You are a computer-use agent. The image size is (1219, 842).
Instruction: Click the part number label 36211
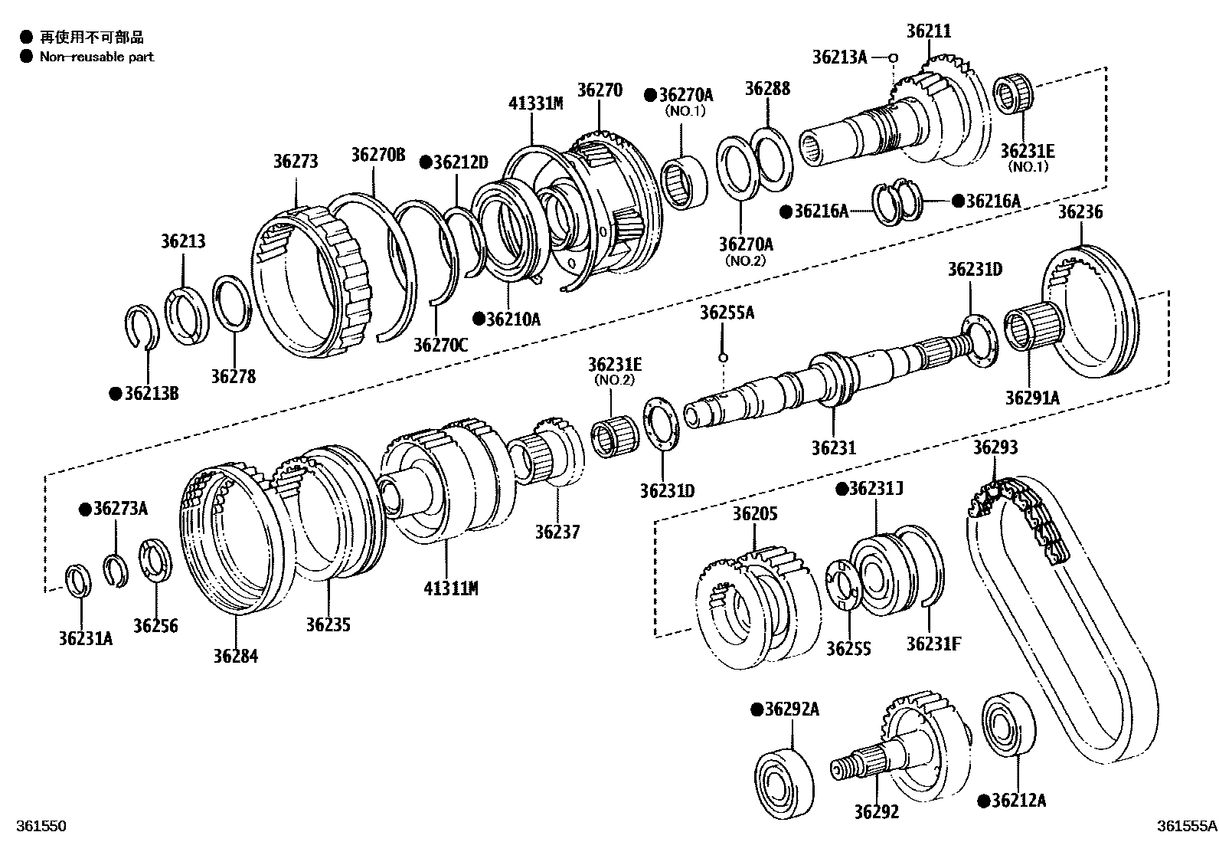pos(928,31)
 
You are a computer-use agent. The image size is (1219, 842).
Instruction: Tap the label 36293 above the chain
pos(995,447)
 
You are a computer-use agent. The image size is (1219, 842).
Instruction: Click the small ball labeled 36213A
pos(893,57)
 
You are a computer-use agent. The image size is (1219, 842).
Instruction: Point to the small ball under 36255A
pos(722,357)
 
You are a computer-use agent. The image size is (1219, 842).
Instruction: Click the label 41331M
pos(535,103)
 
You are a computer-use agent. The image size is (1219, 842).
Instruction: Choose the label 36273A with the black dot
pos(115,509)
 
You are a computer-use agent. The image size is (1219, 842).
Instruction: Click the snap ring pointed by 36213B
pos(142,325)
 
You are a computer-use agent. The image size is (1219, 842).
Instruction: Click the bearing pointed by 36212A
pos(1008,723)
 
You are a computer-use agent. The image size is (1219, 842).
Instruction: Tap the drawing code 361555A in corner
pos(1185,826)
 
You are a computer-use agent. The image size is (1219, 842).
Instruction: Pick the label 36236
pos(1080,212)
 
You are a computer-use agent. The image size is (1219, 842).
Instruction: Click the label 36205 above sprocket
pos(754,514)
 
